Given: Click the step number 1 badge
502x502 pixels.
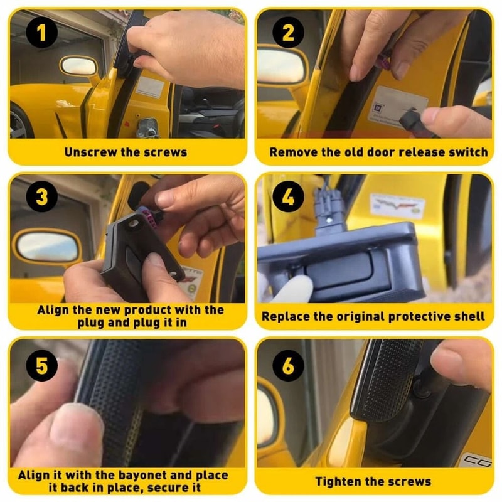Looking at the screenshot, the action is (41, 33).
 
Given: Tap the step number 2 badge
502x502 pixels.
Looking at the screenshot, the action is (288, 33).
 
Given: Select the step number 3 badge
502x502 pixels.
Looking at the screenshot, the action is (41, 196).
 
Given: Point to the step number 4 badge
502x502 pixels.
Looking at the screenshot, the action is (288, 196).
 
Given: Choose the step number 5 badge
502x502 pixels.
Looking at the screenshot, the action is (41, 365).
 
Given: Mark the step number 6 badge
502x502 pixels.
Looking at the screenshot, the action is (288, 365).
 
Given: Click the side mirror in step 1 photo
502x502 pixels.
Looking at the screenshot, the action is (79, 66).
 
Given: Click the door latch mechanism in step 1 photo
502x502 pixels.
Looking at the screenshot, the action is (147, 127).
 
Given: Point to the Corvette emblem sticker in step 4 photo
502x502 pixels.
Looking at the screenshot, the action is (397, 206).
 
